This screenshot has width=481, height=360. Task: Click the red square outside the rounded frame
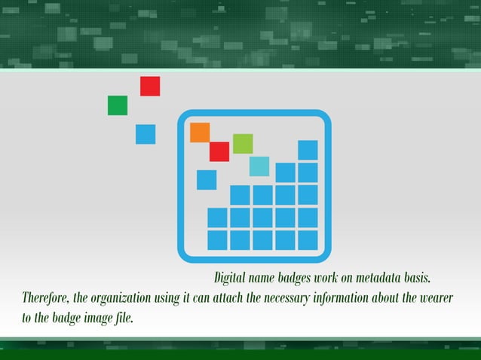(x=150, y=87)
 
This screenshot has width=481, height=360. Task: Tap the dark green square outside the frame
(x=118, y=105)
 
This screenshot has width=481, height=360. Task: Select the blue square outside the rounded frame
(x=146, y=134)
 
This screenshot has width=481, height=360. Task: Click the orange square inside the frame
(x=200, y=133)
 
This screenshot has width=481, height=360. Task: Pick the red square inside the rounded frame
(x=219, y=151)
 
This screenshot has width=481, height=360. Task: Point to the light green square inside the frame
(x=243, y=143)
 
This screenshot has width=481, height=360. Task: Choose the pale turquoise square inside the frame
(x=259, y=166)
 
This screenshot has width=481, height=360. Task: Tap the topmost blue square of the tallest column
(x=308, y=150)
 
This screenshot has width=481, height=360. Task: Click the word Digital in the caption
(x=230, y=279)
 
